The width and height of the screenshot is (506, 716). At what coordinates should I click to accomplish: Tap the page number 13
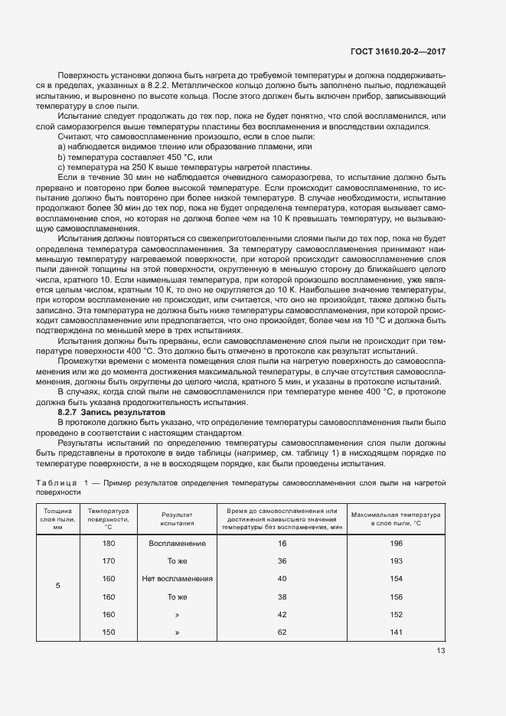(x=440, y=651)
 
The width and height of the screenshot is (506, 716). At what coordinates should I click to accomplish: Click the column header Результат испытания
(x=177, y=518)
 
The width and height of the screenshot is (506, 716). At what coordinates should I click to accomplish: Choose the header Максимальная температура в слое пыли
(x=396, y=518)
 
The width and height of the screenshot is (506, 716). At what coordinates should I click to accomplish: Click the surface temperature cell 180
(x=108, y=543)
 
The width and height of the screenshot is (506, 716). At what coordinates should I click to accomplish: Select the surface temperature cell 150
(x=108, y=632)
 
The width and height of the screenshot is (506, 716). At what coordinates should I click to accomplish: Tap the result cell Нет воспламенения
(x=177, y=578)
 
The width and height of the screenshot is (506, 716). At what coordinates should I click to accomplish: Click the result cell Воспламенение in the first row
(x=177, y=543)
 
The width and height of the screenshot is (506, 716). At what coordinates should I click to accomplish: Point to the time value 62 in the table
(x=282, y=632)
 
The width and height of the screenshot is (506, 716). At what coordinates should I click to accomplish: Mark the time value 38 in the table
(x=282, y=597)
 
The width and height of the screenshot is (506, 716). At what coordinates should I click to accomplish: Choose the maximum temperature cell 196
(x=396, y=543)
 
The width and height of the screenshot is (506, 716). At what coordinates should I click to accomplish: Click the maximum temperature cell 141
(x=396, y=632)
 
